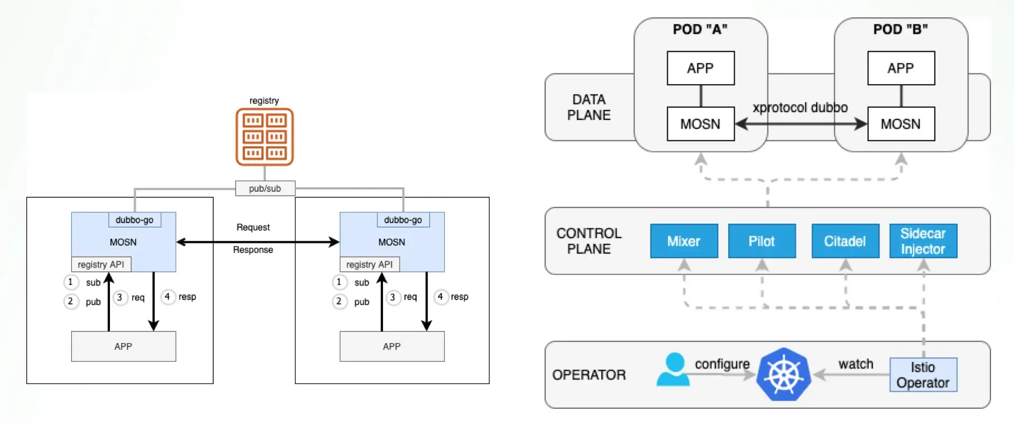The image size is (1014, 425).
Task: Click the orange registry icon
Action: (264, 137)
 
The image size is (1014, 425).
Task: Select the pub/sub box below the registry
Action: (265, 188)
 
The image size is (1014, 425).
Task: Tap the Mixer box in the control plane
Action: (684, 241)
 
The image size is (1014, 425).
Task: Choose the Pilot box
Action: (762, 241)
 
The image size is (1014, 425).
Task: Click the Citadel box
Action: (845, 241)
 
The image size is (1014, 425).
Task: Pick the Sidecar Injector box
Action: (923, 241)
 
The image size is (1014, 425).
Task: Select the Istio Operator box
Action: (923, 375)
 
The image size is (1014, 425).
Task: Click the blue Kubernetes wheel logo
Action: (783, 375)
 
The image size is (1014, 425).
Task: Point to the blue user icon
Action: (674, 369)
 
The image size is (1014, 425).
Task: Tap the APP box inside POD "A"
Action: (700, 68)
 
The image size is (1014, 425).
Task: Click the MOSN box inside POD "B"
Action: (900, 124)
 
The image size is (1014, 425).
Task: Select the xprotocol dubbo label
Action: (800, 108)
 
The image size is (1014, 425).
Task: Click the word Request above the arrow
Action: (253, 227)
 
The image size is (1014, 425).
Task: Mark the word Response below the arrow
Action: (253, 250)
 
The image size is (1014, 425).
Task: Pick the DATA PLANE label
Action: (588, 107)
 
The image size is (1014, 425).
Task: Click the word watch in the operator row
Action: (855, 364)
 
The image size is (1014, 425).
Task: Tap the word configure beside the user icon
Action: (722, 364)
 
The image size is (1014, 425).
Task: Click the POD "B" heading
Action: (900, 29)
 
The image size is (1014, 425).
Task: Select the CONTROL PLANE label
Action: (588, 241)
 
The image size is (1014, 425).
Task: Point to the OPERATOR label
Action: (588, 375)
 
